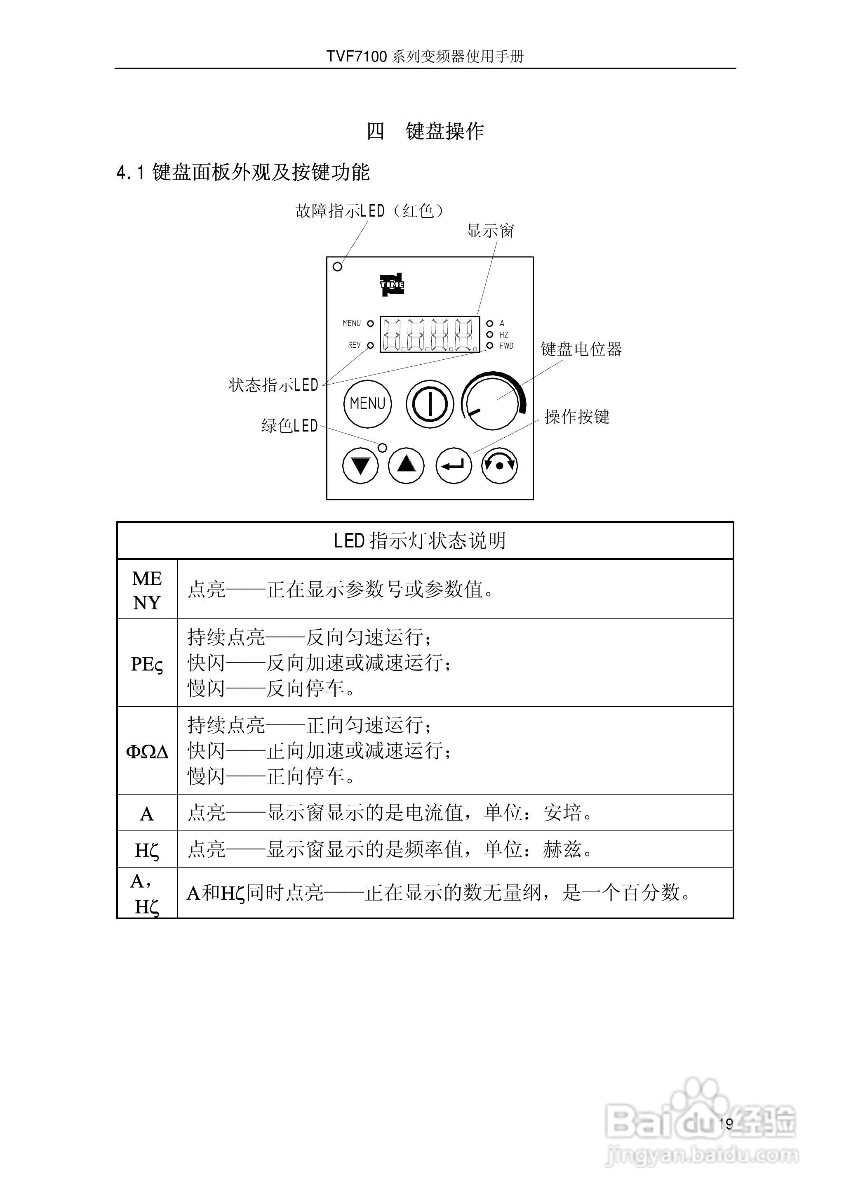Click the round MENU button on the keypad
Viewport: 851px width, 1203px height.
pos(367,403)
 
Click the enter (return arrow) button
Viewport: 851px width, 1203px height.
pos(453,465)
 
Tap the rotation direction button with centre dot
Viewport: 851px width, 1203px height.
pos(499,465)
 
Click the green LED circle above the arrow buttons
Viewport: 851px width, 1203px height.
pos(383,448)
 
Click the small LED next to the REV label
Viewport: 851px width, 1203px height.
pos(371,345)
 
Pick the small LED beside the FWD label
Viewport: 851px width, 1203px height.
pos(489,345)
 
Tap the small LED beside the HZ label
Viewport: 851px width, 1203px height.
pos(489,335)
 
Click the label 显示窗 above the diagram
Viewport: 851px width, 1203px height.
pos(490,231)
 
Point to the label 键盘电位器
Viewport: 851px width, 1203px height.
pos(581,349)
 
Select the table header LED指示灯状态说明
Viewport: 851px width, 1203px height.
pos(420,541)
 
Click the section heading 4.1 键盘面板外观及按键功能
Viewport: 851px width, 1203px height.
pos(243,172)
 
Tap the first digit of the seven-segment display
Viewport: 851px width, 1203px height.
pos(393,335)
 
